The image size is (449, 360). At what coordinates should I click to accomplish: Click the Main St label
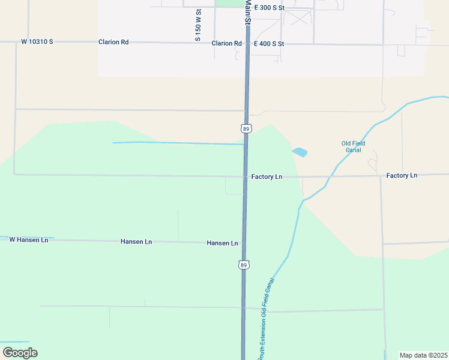[x=247, y=12]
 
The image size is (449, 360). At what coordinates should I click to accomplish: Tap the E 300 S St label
[x=269, y=8]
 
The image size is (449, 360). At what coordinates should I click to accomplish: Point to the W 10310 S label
[x=37, y=42]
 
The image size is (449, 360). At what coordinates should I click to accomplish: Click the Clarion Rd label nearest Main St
[x=226, y=43]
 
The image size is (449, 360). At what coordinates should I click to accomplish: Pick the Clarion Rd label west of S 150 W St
[x=113, y=43]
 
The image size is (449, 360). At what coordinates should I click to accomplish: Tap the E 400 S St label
[x=269, y=44]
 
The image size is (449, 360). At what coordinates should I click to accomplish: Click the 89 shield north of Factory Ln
[x=246, y=128]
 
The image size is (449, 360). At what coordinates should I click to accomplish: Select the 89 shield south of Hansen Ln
[x=243, y=265]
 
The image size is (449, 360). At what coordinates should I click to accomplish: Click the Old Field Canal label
[x=353, y=146]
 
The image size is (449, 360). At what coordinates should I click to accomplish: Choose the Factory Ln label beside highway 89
[x=267, y=177]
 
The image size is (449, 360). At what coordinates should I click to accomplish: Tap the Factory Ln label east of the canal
[x=402, y=176]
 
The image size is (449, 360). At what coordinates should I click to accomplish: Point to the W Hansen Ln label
[x=28, y=240]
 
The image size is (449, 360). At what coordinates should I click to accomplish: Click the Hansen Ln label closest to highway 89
[x=222, y=243]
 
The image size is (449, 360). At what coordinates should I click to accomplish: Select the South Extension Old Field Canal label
[x=266, y=319]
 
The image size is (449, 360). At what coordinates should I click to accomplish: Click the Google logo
[x=20, y=353]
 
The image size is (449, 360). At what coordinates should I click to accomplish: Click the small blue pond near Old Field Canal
[x=300, y=152]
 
